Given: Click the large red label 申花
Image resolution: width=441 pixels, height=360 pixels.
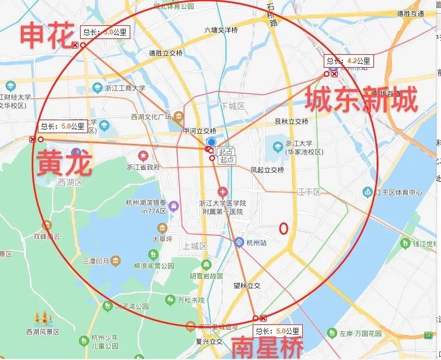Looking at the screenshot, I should tap(47, 34).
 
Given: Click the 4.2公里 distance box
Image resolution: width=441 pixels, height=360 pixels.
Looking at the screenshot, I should tap(347, 61).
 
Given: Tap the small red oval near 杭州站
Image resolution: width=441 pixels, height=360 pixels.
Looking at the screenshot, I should tap(284, 228).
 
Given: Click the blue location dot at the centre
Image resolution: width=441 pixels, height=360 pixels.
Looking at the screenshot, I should tap(211, 142).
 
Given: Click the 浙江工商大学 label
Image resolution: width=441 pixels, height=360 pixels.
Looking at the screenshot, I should tap(125, 88).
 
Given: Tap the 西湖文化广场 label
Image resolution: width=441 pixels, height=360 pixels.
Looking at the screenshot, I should tap(151, 117).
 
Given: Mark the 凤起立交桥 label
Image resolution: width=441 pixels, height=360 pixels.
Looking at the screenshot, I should tap(267, 169).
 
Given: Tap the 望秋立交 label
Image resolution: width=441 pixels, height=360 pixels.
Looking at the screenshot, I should tap(247, 286).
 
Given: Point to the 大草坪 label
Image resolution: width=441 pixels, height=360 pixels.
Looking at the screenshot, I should tap(162, 239).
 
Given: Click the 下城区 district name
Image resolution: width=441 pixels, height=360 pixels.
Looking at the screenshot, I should tap(232, 106).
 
